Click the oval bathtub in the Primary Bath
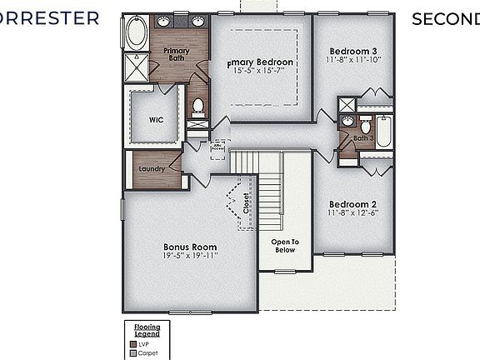pos(136,34)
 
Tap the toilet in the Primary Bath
pos(197,107)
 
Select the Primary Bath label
pos(176,54)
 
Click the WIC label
pos(156,119)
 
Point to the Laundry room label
pos(151,169)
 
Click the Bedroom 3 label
pos(353,49)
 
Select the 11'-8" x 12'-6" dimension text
pos(353,213)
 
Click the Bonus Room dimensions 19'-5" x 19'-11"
pos(190,257)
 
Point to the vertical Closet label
pos(247,205)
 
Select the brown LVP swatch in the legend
pos(132,342)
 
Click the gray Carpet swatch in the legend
pos(132,352)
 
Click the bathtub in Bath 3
pos(384,132)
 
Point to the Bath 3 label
pos(363,138)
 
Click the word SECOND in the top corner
pos(445,19)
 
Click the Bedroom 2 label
pos(353,204)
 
